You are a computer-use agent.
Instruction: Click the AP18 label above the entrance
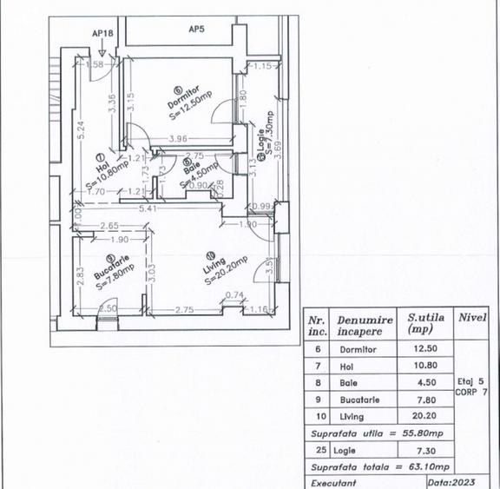102,34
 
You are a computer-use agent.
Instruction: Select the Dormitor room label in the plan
183,97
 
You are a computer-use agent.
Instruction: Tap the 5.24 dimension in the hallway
79,130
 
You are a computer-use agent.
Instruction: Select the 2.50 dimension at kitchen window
108,308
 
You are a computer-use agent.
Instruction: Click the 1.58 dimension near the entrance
95,64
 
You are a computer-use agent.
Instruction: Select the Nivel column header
474,318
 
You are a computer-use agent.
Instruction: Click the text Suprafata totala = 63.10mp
377,465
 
